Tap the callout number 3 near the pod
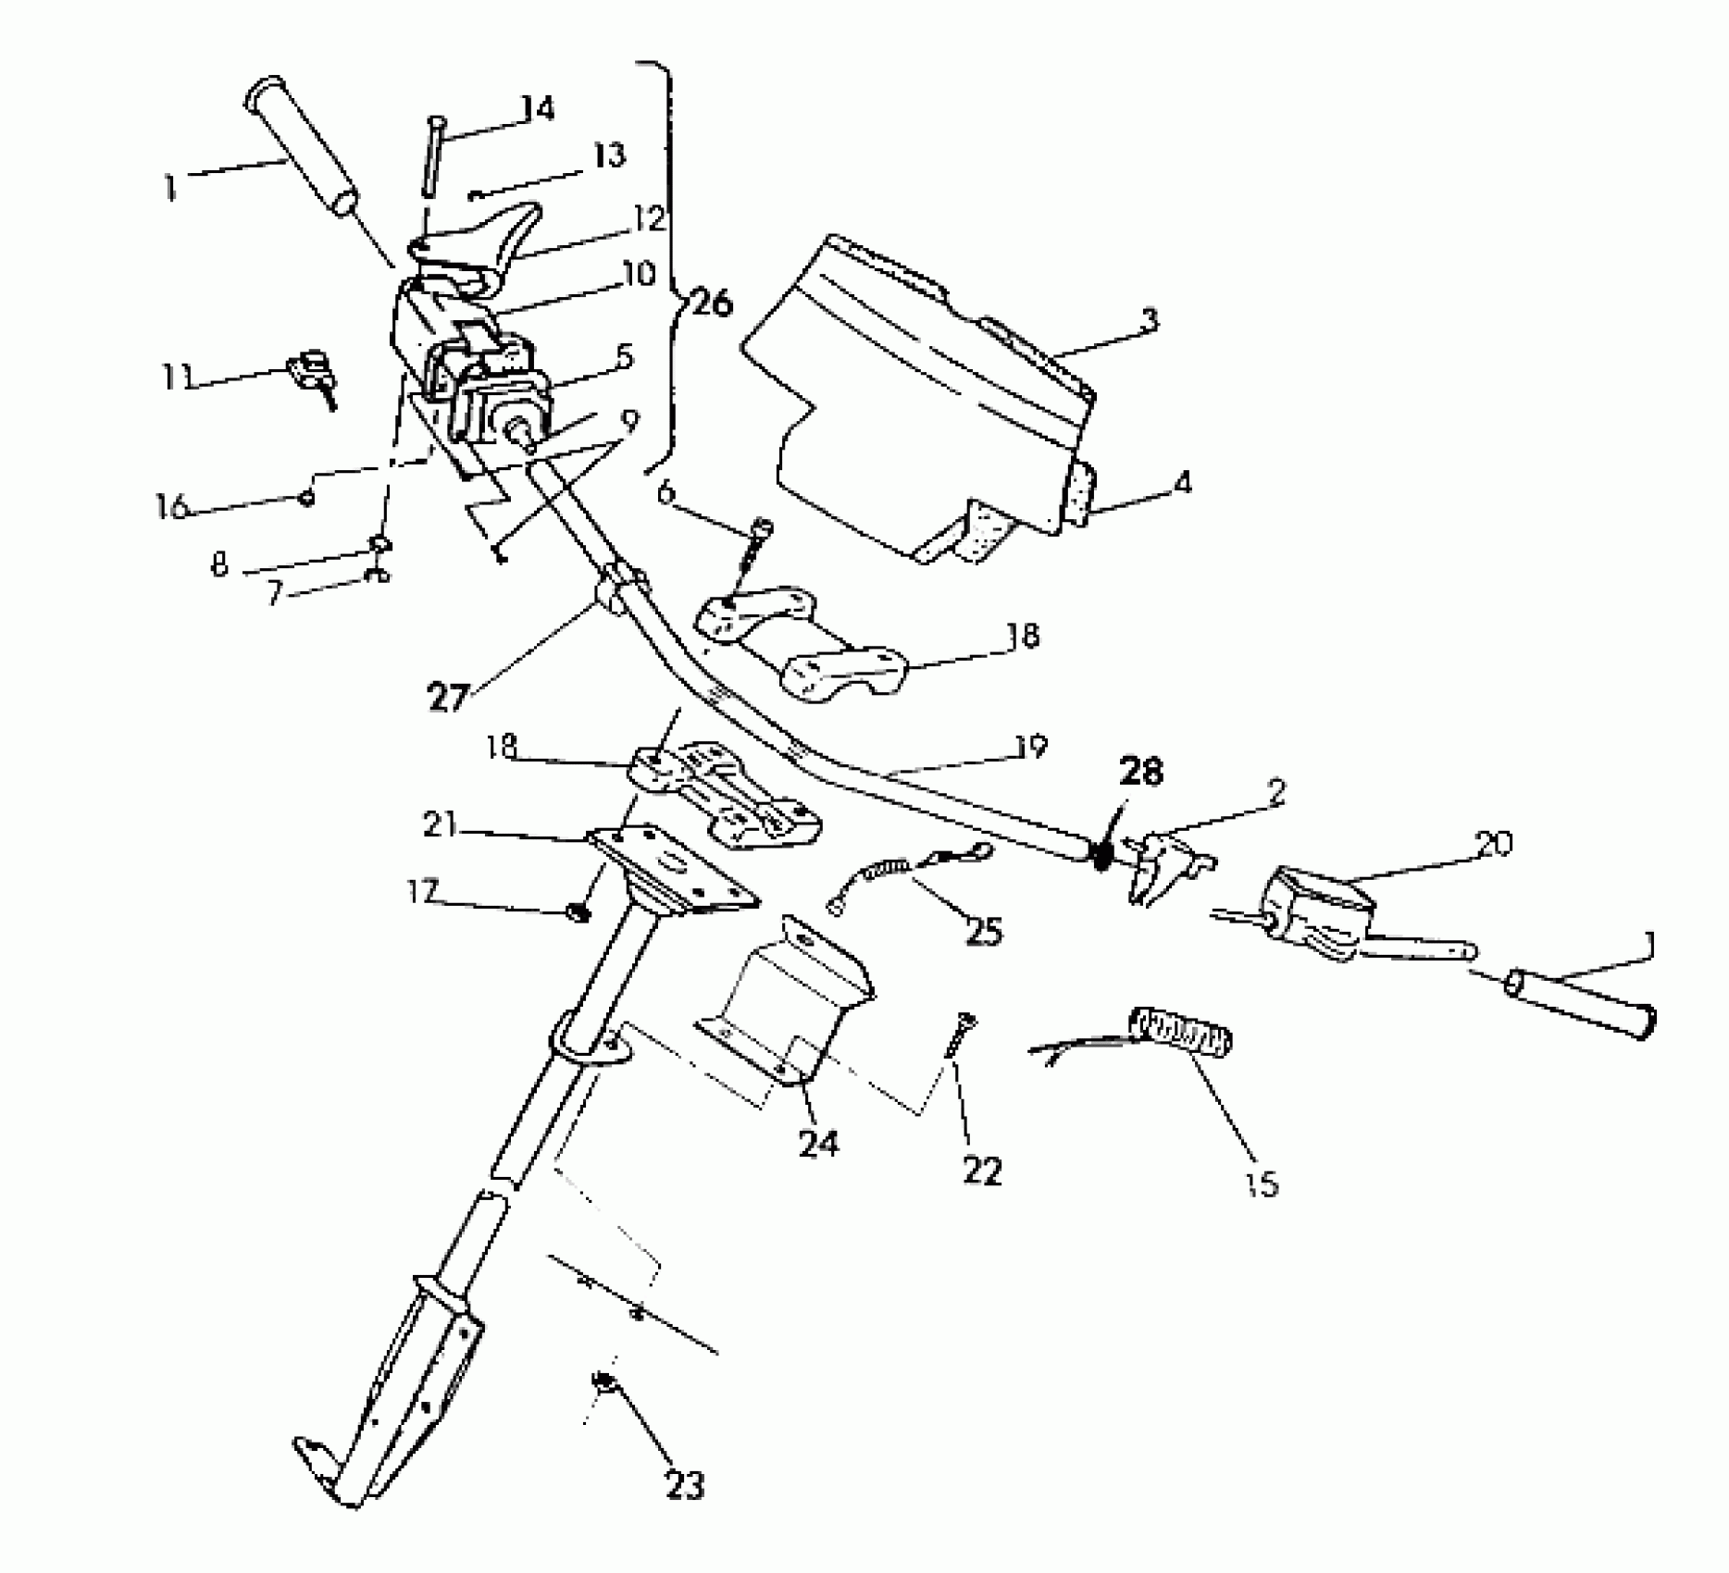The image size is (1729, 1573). [1149, 320]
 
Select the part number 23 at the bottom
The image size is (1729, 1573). [684, 1485]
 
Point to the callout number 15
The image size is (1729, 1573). [1262, 1183]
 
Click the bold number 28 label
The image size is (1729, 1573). [1140, 771]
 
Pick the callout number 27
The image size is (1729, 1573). [448, 697]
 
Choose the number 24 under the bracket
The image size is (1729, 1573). [818, 1144]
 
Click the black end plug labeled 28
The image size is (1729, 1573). [1101, 855]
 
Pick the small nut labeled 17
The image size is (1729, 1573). [578, 914]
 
